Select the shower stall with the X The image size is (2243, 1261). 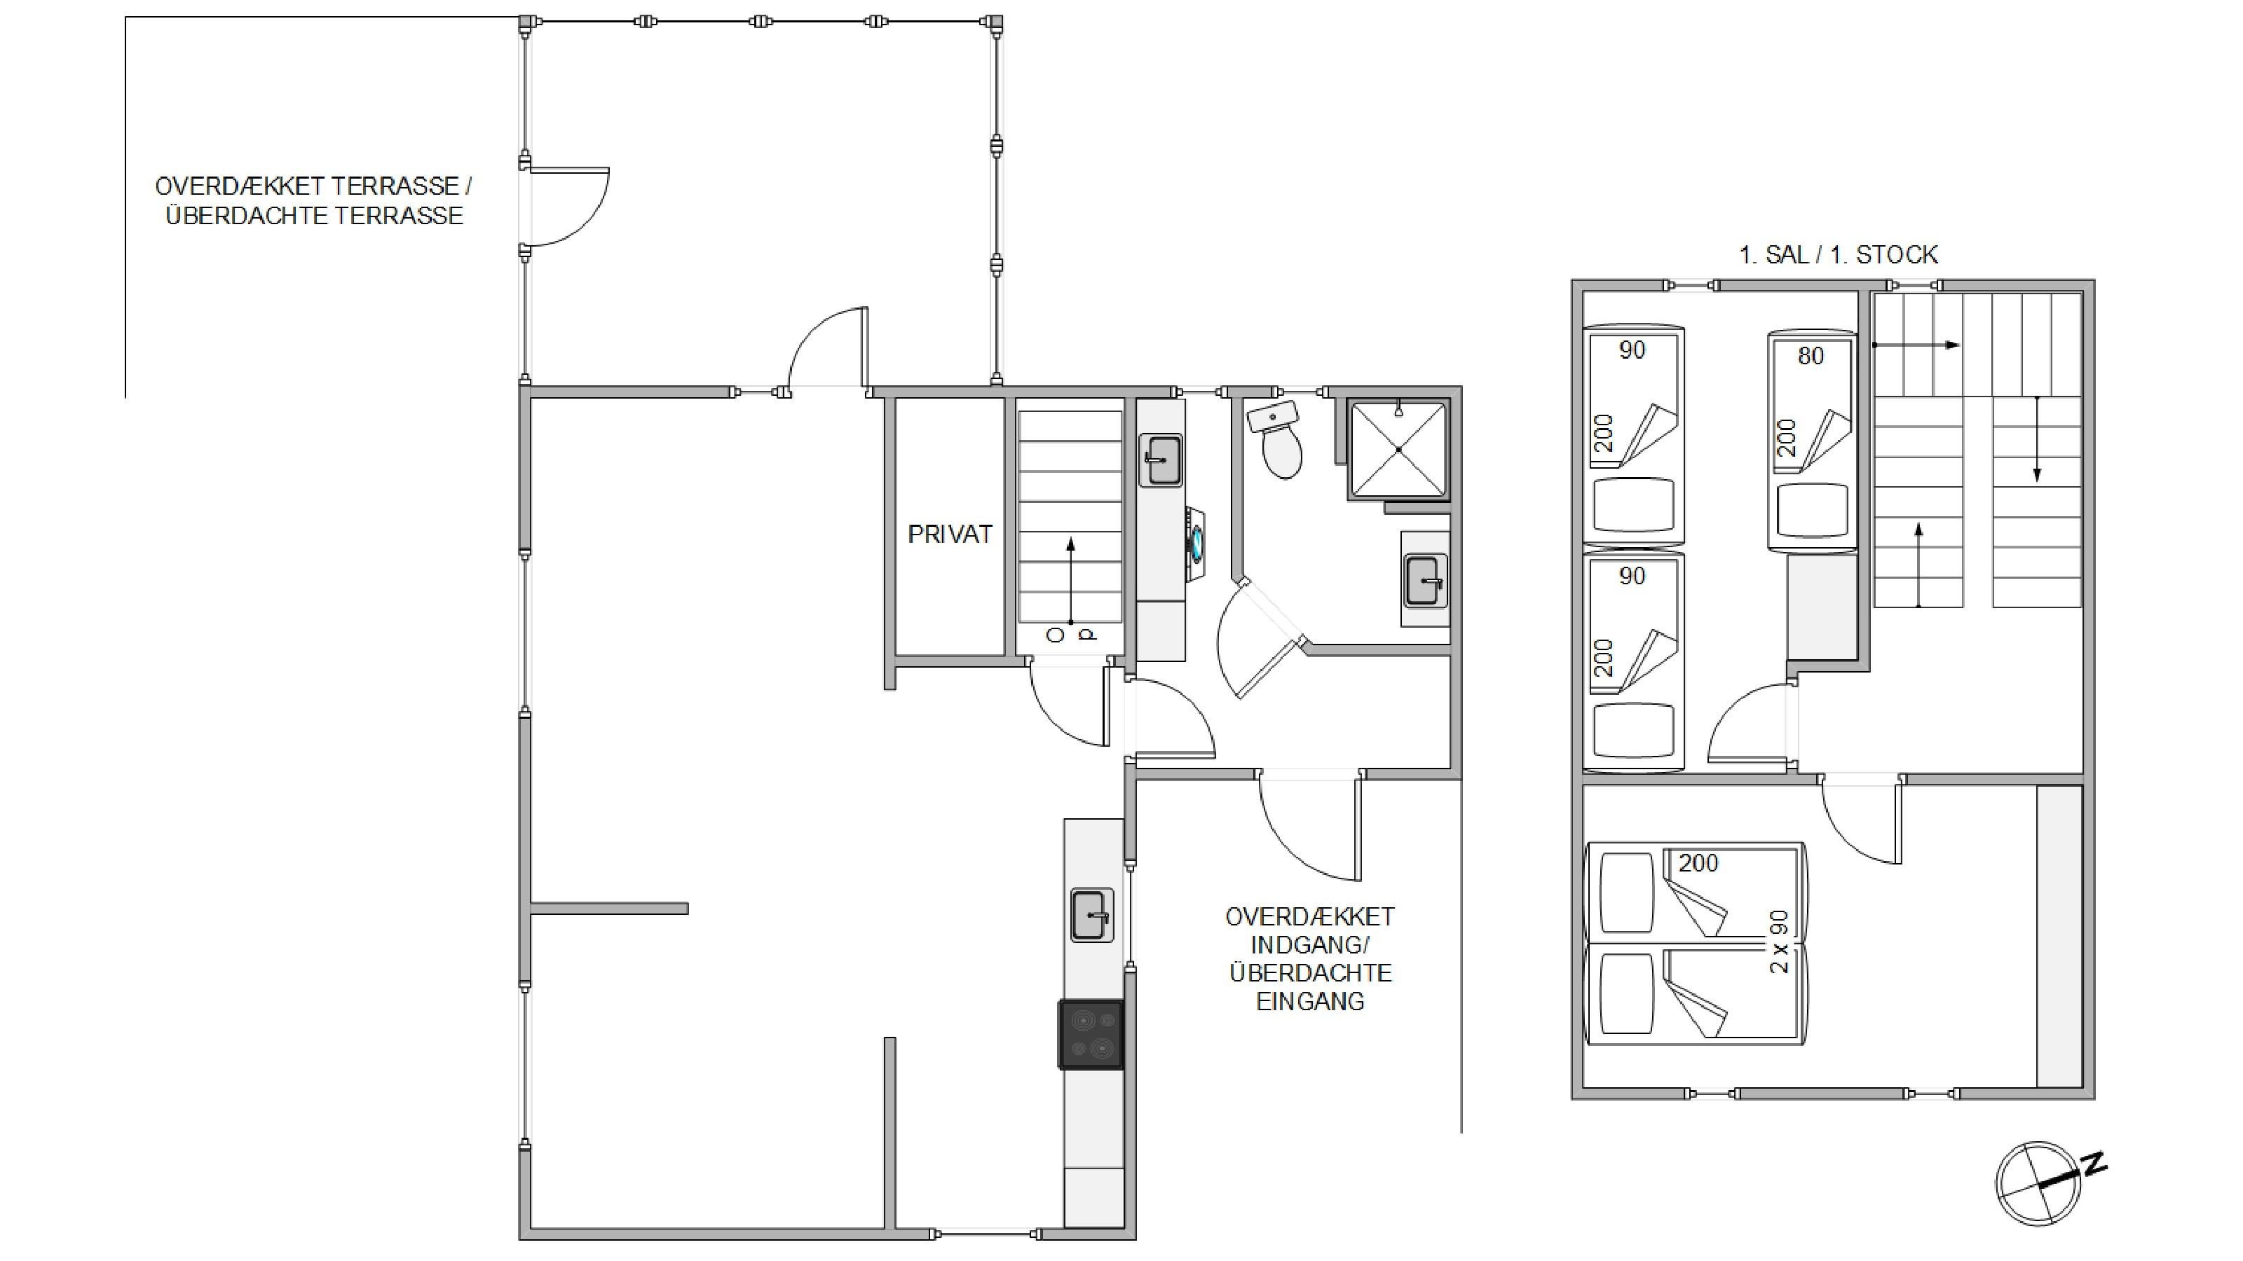coord(1398,449)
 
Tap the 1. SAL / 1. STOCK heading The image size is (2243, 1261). coord(1838,255)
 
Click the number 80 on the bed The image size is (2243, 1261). coord(1811,356)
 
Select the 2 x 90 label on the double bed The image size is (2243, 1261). coord(1779,942)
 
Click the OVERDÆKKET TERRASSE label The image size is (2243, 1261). coord(313,186)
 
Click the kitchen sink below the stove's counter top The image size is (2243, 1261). coord(1091,915)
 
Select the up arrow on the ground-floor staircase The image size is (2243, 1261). coord(1070,581)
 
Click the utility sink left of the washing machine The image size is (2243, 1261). coord(1161,460)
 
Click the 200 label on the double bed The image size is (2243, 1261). coord(1698,863)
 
